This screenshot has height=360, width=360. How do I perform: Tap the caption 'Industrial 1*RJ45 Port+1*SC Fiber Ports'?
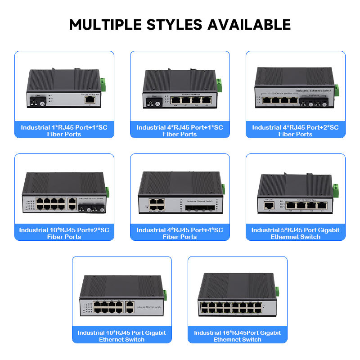tap(64, 130)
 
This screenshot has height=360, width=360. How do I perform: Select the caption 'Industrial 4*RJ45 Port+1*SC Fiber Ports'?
tap(180, 130)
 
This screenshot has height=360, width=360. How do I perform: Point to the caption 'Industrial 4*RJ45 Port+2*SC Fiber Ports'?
tap(295, 130)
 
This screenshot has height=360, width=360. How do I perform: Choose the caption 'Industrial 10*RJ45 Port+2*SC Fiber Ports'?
tap(64, 233)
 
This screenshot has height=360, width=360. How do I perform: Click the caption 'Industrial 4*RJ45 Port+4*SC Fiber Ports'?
tap(180, 233)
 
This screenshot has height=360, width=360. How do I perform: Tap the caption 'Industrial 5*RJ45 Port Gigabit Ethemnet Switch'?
tap(295, 233)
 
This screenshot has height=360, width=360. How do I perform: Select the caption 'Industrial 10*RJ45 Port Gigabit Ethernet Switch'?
tap(121, 336)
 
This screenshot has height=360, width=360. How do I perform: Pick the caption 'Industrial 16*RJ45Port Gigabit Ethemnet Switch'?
tap(237, 336)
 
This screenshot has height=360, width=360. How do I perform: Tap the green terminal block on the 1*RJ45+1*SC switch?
tap(103, 84)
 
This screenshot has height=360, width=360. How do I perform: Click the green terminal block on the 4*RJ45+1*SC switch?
tap(219, 84)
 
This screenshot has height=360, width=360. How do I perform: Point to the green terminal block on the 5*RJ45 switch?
tap(335, 189)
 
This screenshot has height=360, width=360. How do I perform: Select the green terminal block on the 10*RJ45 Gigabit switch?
tap(165, 295)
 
